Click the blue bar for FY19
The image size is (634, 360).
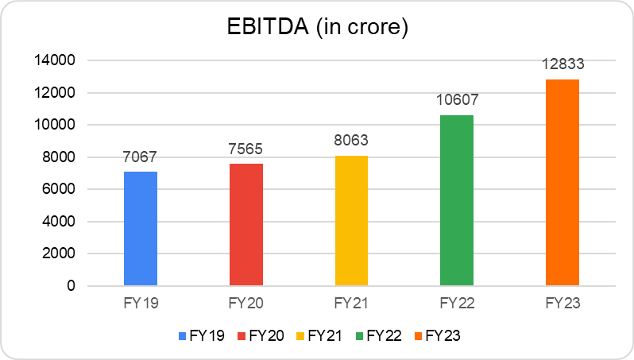point(141,229)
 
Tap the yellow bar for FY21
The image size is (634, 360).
point(351,221)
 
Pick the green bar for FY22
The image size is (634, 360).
point(457,200)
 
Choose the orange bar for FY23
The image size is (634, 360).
point(562,183)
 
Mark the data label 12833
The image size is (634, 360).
point(562,64)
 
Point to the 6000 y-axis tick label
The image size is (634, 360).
point(60,190)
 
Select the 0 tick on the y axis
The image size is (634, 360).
point(71,286)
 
